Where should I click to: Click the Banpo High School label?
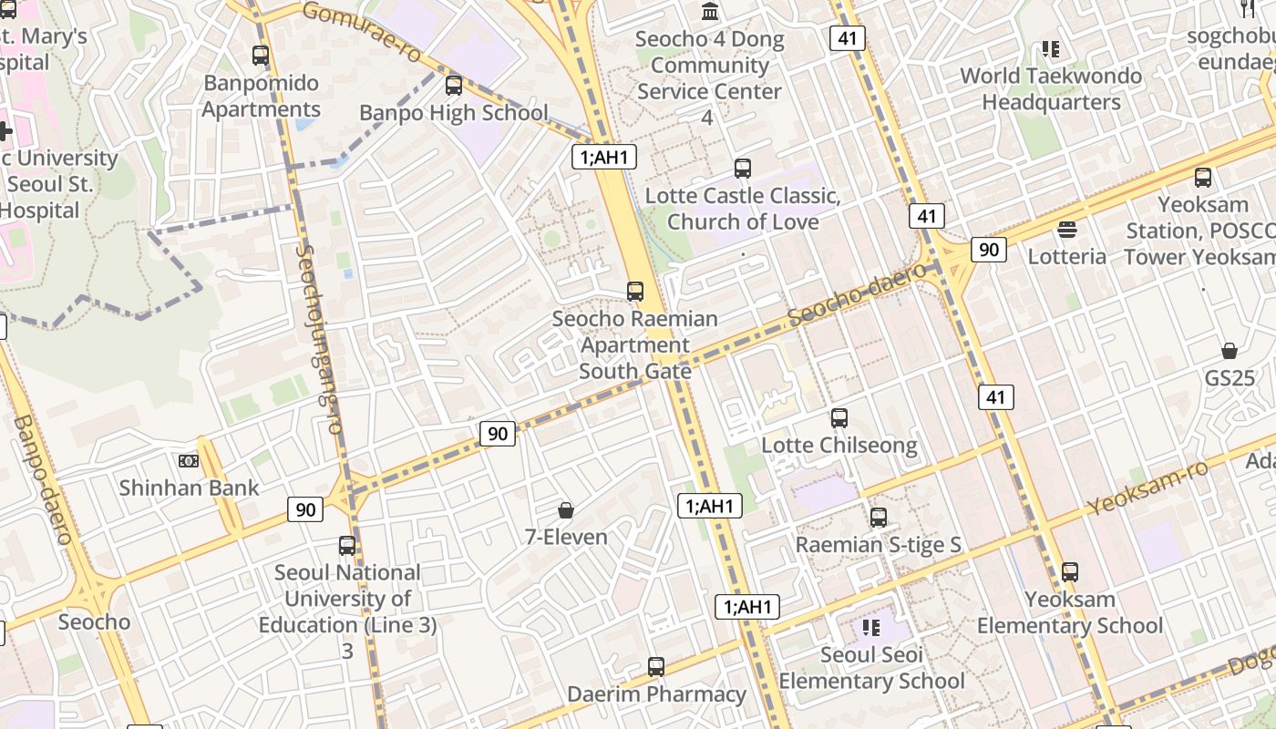(x=454, y=113)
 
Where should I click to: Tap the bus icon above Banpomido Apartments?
(x=261, y=56)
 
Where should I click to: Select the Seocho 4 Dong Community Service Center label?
(x=709, y=77)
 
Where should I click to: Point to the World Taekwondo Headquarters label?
(x=1051, y=88)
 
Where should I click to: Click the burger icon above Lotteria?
(x=1067, y=229)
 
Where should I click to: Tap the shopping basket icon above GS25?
(x=1230, y=351)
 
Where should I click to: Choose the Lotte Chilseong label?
(x=839, y=446)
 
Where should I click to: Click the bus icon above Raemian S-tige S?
(x=879, y=518)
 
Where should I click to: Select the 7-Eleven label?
(x=566, y=537)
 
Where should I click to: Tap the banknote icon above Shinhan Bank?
(x=189, y=461)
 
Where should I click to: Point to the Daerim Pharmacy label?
(x=656, y=694)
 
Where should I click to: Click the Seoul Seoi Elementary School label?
(x=871, y=668)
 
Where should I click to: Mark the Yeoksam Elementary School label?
(x=1070, y=612)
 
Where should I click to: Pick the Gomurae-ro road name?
(x=361, y=30)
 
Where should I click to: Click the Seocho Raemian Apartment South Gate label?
(x=635, y=344)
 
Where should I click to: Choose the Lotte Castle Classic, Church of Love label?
(x=743, y=209)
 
